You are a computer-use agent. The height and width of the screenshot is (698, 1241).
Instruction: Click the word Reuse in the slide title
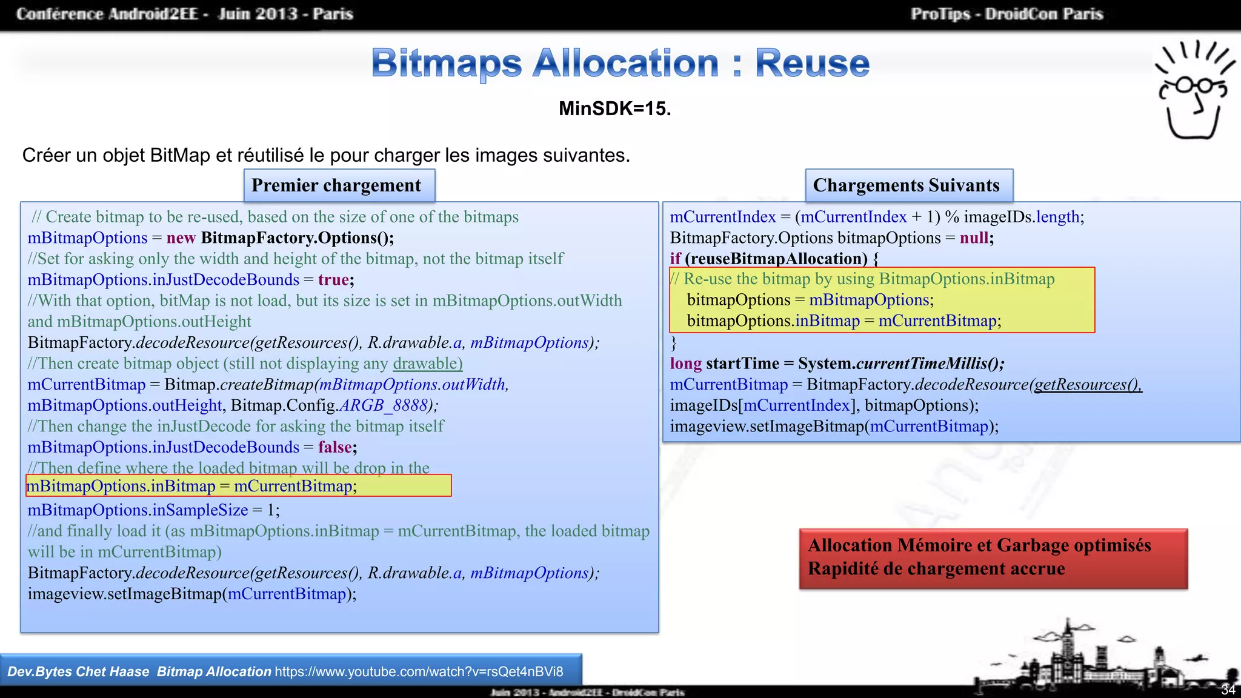812,63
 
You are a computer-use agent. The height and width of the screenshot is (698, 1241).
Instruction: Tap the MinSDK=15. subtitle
614,108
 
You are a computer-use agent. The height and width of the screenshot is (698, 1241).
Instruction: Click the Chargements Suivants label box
908,185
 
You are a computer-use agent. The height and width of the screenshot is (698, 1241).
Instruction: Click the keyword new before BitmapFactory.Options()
181,238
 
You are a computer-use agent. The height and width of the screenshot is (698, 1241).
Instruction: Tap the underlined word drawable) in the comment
428,364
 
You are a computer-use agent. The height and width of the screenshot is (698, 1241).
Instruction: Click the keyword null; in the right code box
976,238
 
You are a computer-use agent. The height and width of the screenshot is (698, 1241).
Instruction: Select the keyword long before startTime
685,364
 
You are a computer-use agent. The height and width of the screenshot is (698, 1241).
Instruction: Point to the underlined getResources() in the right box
1088,384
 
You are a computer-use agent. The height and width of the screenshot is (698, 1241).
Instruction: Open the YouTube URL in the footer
419,671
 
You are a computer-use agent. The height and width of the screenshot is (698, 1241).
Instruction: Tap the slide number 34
1228,690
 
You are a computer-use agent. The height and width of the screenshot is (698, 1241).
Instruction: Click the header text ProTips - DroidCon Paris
1006,14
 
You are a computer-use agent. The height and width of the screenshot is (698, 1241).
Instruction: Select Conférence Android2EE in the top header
107,14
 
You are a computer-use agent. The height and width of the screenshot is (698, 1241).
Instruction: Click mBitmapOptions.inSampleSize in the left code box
138,510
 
